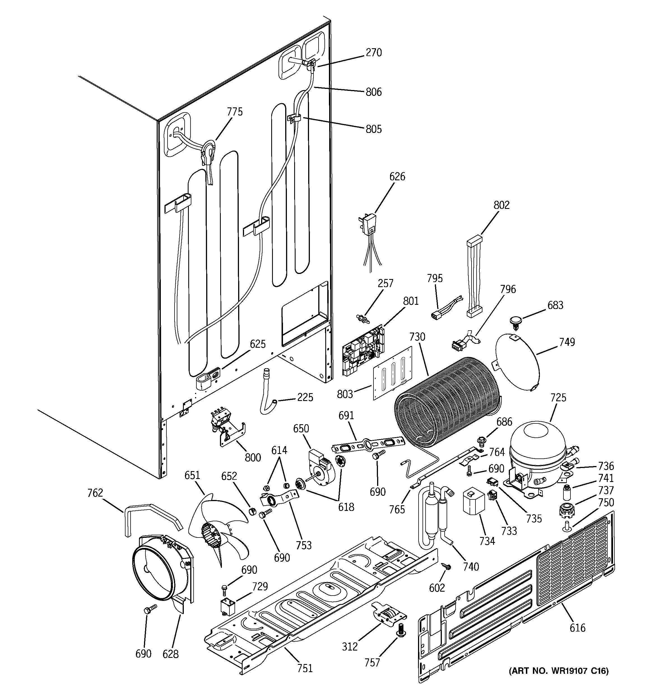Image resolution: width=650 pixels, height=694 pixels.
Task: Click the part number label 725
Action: pyautogui.click(x=558, y=398)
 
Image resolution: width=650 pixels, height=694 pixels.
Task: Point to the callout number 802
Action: pyautogui.click(x=502, y=205)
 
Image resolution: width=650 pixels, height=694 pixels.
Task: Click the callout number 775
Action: pyautogui.click(x=235, y=112)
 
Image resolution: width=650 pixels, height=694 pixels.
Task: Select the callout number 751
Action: pyautogui.click(x=305, y=668)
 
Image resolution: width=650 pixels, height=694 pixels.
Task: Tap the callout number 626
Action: pyautogui.click(x=397, y=177)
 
